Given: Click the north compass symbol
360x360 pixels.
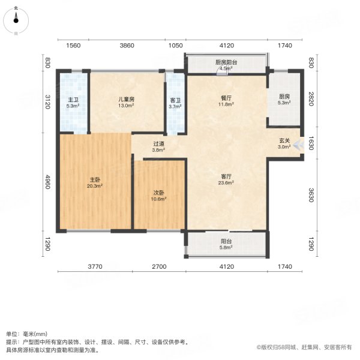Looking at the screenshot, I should pos(16,19).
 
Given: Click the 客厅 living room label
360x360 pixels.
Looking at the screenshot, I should pos(226,176).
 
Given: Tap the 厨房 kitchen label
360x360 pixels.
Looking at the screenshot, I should pos(284,97).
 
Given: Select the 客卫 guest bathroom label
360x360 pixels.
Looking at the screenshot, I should pos(176,100).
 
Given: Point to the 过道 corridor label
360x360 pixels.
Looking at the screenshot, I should pos(158,144).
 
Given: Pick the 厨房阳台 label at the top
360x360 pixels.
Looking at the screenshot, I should pos(226,62).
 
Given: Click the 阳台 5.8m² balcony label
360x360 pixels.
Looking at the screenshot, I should pos(226,243).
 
